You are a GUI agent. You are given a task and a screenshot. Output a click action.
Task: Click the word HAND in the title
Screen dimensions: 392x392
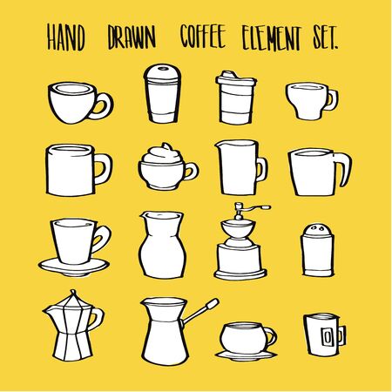click(66, 37)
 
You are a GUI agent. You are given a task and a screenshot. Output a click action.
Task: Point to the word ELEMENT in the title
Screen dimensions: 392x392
click(278, 37)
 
